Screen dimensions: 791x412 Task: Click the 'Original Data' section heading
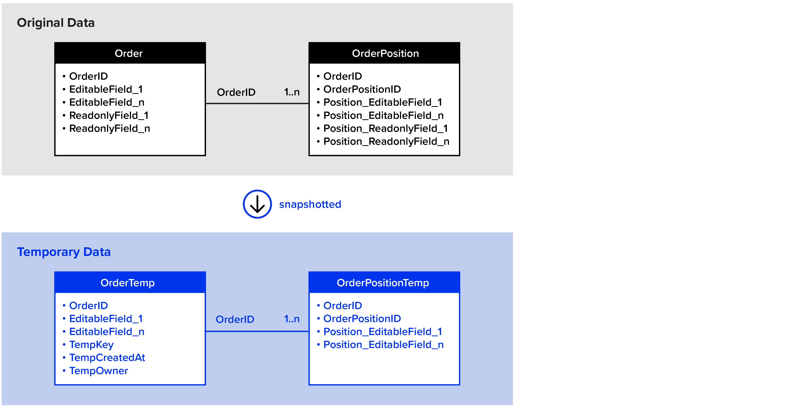[x=56, y=23]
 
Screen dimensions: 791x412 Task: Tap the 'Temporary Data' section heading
[x=64, y=252]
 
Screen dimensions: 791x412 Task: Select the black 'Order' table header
[x=130, y=53]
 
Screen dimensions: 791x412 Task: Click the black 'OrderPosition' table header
[x=384, y=53]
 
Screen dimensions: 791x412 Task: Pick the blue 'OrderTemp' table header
[x=130, y=282]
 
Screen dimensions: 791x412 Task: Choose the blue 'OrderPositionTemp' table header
[x=384, y=282]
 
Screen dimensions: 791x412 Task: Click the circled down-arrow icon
[x=257, y=204]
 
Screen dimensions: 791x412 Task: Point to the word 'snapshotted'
[x=310, y=204]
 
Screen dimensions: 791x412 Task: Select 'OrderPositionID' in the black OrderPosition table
[x=362, y=89]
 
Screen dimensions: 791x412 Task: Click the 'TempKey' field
[x=91, y=345]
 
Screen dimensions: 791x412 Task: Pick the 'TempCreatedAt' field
[x=107, y=358]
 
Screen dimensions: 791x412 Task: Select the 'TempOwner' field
[x=99, y=371]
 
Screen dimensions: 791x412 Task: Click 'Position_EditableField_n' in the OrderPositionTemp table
[x=384, y=345]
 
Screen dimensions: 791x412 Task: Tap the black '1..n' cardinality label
[x=292, y=92]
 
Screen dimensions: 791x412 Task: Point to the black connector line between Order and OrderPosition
[x=257, y=103]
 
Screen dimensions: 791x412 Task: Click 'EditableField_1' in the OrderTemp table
[x=106, y=319]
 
